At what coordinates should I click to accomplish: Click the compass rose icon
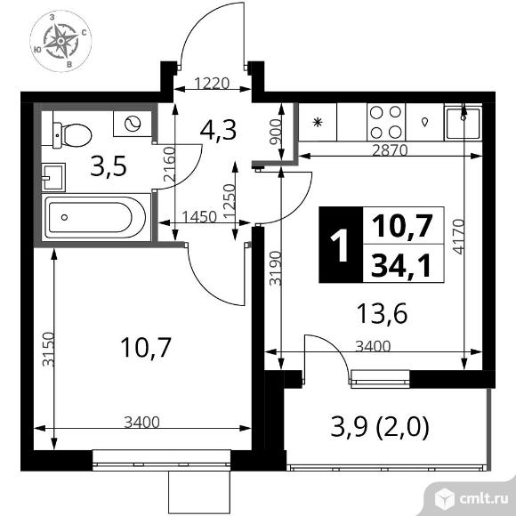tap(60, 40)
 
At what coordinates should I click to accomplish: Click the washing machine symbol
tap(133, 123)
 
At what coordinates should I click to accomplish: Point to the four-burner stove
tap(386, 121)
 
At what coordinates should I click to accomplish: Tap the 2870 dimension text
tap(390, 150)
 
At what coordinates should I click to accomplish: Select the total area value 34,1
tap(405, 264)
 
